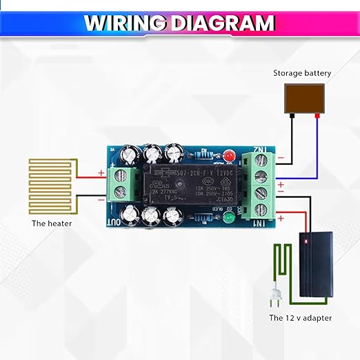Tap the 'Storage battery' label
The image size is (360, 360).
[x=302, y=73]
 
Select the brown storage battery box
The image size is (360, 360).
[x=304, y=98]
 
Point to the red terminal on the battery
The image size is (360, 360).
[x=317, y=117]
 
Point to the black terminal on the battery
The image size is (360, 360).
[x=292, y=117]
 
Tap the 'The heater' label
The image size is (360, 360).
[x=51, y=223]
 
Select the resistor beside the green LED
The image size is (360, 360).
[x=207, y=219]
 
